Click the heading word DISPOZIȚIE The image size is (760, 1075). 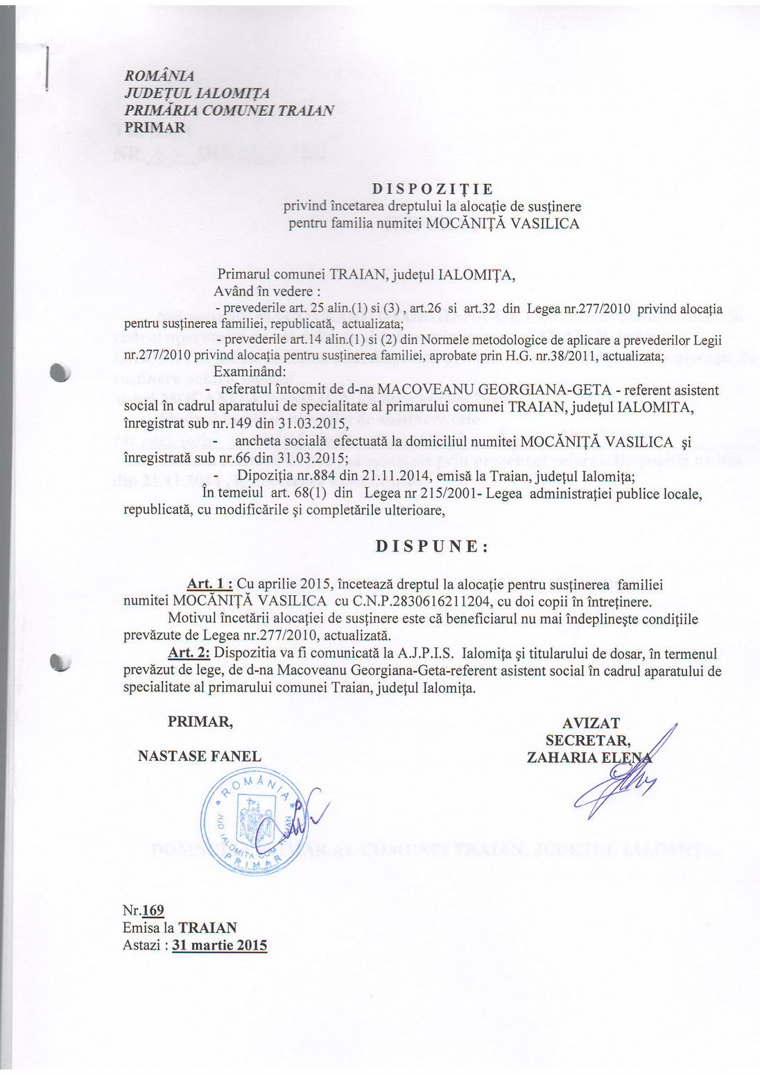tap(432, 189)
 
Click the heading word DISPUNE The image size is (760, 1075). tap(432, 546)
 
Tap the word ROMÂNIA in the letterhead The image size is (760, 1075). tap(159, 76)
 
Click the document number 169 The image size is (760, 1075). tap(153, 911)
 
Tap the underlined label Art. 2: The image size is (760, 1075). tap(189, 653)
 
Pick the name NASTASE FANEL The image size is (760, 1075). tap(200, 756)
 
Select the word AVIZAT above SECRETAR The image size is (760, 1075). tap(591, 723)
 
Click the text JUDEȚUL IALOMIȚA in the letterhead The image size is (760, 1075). tap(197, 93)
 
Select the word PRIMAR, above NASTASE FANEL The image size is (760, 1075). tap(200, 722)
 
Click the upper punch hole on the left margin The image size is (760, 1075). tap(60, 372)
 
